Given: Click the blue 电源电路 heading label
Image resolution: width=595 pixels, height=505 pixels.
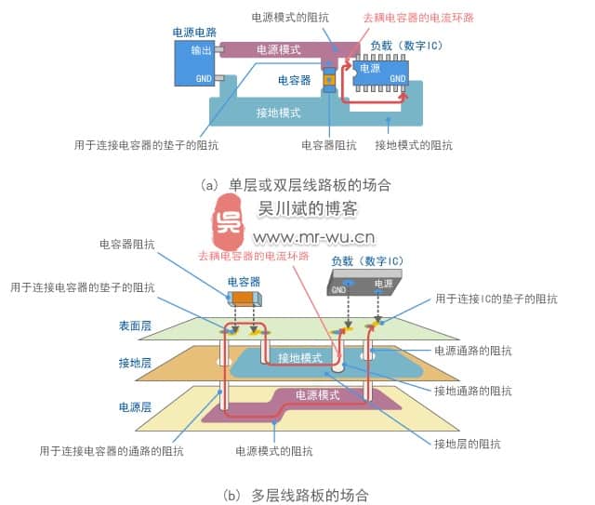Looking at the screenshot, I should point(195,32).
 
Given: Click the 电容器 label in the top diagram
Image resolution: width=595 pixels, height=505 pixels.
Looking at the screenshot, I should point(294,81).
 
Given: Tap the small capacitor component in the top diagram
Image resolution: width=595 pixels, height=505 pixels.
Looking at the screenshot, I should point(327,80).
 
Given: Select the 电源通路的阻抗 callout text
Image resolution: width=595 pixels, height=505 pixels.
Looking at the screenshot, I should point(473,351).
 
